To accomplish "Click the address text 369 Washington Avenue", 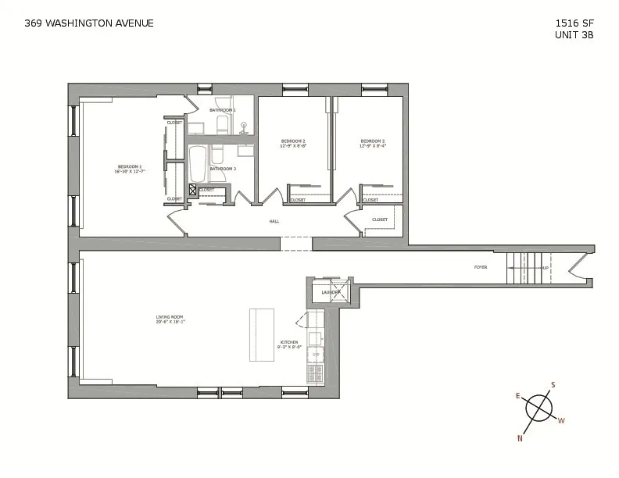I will click(88, 23).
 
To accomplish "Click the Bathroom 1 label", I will click(222, 110).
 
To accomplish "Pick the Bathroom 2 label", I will click(222, 169).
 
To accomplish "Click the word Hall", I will click(274, 221).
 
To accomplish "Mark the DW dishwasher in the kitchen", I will click(316, 355).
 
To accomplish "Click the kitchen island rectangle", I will click(262, 334).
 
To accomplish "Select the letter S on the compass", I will click(553, 385).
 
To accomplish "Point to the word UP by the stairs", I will click(545, 268).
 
